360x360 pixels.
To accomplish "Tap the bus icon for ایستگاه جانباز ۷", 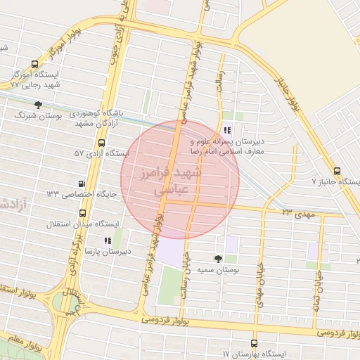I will (337, 171).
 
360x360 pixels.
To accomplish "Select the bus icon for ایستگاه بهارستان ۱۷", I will (254, 343).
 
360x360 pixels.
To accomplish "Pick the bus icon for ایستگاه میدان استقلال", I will (83, 213).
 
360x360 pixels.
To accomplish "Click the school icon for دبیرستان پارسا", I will (107, 240).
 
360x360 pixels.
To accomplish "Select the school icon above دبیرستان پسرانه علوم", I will (226, 130).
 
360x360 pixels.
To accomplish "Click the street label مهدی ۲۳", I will (296, 211).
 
